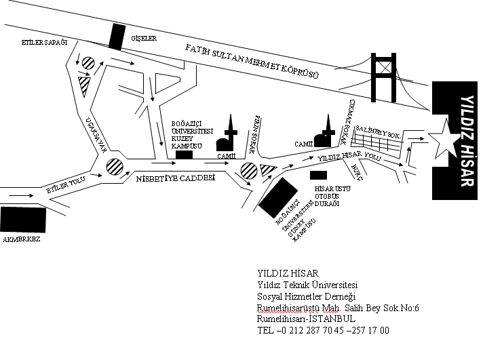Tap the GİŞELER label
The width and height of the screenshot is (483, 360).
[143, 39]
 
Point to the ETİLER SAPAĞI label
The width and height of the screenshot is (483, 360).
[45, 42]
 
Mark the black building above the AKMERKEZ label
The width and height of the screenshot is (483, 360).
[23, 220]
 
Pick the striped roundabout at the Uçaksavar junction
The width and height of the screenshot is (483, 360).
[114, 165]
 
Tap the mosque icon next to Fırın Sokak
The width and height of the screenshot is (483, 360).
[227, 138]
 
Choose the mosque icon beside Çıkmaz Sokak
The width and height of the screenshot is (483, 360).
[325, 134]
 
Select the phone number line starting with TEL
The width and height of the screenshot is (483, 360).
[323, 330]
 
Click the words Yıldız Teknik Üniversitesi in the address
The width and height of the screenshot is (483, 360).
[307, 285]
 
